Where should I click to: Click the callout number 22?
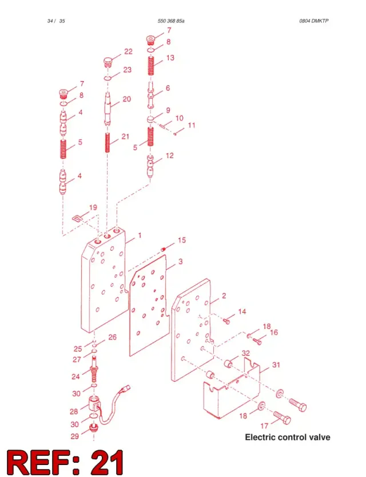point(128,51)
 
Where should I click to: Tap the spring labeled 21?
point(108,143)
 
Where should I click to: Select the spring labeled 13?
point(151,66)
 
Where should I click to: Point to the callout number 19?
point(93,207)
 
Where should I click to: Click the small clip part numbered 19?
point(77,218)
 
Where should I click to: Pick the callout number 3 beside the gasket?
point(181,261)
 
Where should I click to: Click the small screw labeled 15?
point(164,250)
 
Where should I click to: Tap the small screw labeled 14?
point(227,321)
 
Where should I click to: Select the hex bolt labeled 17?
point(283,417)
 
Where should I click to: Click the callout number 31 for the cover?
point(276,364)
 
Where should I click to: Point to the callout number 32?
point(246,353)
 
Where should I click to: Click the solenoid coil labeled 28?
point(95,404)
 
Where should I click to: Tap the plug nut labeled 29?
point(93,428)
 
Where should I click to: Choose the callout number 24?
point(75,376)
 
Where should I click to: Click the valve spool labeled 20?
point(108,109)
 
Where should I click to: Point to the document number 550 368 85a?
point(171,21)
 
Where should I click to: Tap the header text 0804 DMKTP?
point(314,21)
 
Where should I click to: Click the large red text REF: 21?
point(65,462)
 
